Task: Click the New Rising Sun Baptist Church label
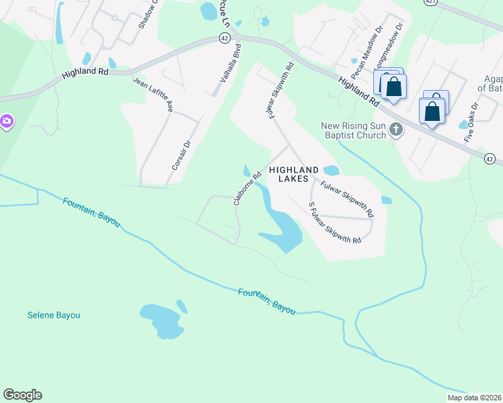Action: coord(353,130)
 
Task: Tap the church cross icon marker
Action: coord(397,130)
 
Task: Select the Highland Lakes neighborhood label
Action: coord(298,175)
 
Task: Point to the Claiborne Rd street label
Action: coord(247,190)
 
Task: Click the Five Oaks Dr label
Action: coord(471,122)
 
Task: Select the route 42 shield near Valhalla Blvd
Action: coord(225,38)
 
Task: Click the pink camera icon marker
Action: coord(6,121)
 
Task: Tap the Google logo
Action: coord(23,395)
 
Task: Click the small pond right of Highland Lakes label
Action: coord(331,170)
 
